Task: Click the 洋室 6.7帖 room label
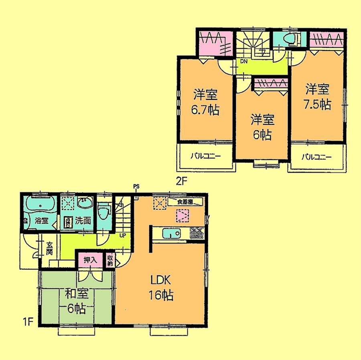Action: point(206,102)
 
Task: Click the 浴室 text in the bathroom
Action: point(41,220)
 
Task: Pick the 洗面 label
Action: point(84,220)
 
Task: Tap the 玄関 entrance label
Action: point(49,248)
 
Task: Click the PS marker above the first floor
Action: point(136,186)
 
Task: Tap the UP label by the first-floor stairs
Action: point(122,235)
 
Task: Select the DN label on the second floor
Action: point(243,62)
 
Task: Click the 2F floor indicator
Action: point(182,181)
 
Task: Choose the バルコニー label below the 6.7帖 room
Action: point(205,156)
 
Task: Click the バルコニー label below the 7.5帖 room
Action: point(317,156)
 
